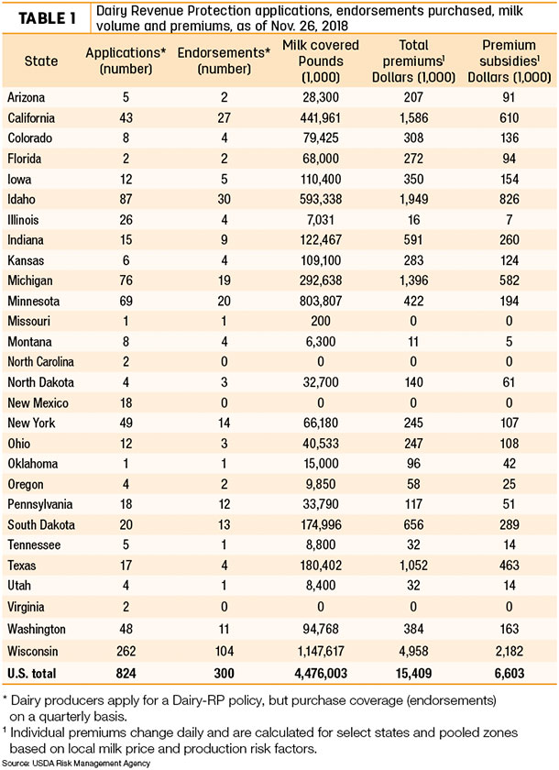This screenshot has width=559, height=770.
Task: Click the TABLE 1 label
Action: coord(47,18)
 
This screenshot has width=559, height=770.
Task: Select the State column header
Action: coord(41,60)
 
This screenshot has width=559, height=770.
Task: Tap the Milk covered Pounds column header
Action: coord(321,60)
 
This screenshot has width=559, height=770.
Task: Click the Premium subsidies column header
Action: coord(509,60)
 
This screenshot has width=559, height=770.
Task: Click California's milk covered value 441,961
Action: coord(321,118)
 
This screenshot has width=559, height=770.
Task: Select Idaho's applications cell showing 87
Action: coord(126,199)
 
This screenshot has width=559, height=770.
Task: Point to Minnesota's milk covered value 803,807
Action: coord(321,301)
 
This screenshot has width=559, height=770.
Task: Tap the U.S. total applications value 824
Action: coord(126,673)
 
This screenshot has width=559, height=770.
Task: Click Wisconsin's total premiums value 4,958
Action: coord(413,651)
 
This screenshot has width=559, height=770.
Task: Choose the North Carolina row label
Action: coord(40,362)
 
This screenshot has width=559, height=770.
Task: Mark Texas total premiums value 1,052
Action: coord(413,566)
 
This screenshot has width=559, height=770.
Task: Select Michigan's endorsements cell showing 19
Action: coord(224,280)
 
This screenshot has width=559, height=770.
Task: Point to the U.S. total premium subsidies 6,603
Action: coord(509,673)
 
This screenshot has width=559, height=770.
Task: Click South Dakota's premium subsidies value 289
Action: coord(509,524)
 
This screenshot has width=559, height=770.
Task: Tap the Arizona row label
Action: coord(26,97)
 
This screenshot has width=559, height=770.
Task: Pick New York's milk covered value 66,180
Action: coord(321,423)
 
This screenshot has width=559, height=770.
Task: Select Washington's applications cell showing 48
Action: coord(126,629)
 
